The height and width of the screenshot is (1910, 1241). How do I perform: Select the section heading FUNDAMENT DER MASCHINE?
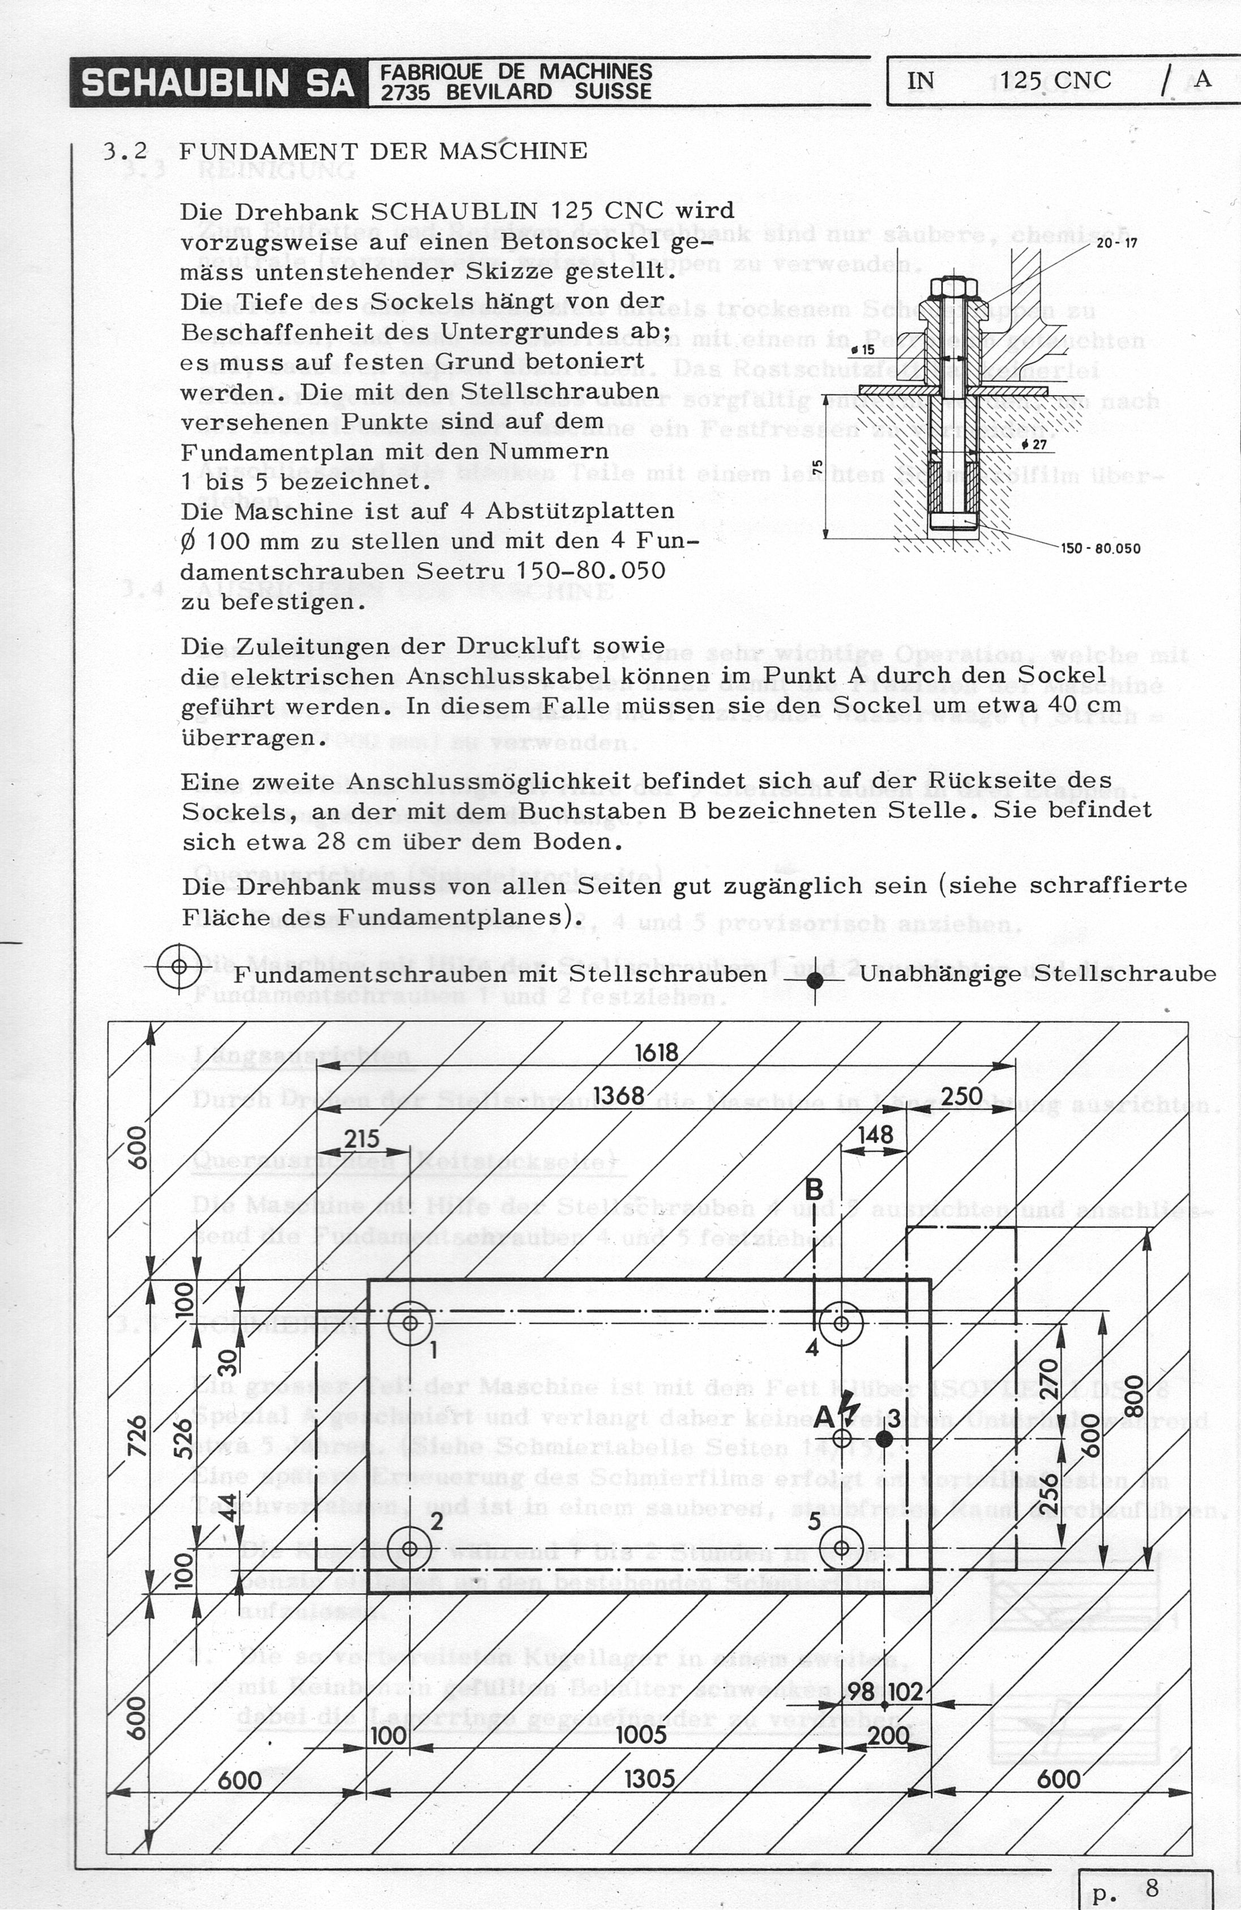pos(383,151)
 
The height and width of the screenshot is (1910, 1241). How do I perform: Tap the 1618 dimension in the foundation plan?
pos(656,1052)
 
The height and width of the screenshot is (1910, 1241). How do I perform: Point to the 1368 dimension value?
pos(618,1096)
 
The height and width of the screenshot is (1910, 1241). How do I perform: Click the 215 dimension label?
pos(361,1138)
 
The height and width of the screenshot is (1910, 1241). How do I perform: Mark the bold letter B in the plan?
pos(814,1189)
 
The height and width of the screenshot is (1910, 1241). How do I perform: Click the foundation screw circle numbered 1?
pos(410,1323)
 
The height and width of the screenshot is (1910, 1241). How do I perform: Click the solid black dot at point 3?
pos(883,1437)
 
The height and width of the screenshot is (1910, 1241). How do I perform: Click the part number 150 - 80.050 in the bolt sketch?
pos(1100,549)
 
